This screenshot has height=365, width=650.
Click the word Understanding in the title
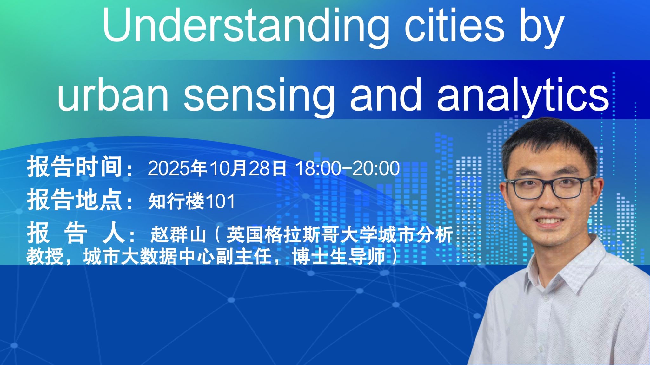245,26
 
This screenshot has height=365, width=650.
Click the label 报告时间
75,167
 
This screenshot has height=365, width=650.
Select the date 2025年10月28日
217,168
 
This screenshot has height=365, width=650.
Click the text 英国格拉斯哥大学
301,235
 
